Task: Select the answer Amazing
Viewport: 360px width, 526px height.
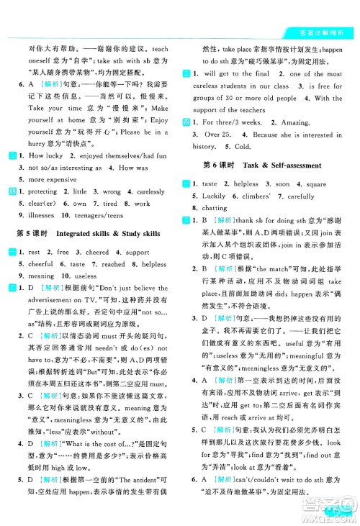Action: (296, 122)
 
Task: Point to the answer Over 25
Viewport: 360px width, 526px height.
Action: (216, 134)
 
